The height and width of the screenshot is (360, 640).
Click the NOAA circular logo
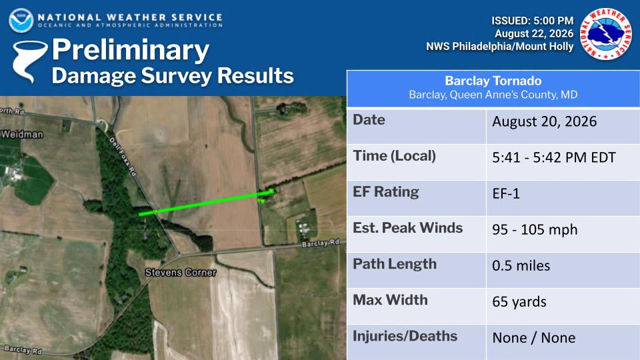(21, 21)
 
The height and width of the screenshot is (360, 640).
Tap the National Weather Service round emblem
(606, 34)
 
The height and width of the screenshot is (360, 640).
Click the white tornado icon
(29, 61)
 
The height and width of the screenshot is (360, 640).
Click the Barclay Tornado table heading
(493, 81)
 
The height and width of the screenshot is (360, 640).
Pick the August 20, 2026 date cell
(545, 121)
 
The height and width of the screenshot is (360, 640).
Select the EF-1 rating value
(506, 193)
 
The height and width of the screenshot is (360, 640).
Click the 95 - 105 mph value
(535, 229)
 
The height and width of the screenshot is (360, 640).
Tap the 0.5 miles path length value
(521, 266)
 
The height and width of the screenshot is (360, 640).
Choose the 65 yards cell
(519, 302)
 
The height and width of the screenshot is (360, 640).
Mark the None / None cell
(534, 338)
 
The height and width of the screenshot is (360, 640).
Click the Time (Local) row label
(394, 156)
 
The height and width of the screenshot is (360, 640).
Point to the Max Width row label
(390, 300)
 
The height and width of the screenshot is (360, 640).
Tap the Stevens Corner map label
(181, 273)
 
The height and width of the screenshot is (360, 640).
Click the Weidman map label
(21, 134)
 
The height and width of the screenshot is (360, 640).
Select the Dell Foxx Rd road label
(123, 157)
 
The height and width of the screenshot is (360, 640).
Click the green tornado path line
(206, 203)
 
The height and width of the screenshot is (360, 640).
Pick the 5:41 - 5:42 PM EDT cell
(553, 157)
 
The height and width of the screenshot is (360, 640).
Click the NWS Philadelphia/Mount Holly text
(499, 47)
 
